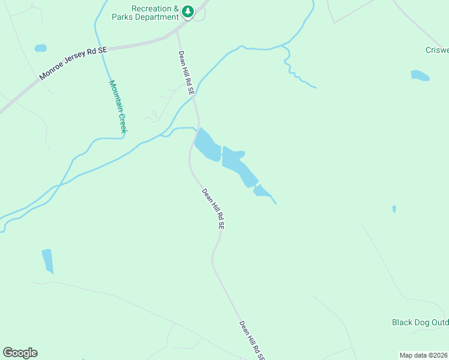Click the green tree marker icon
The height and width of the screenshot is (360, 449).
188,11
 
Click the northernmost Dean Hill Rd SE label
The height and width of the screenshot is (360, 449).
186,73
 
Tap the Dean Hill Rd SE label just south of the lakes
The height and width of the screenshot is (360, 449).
213,209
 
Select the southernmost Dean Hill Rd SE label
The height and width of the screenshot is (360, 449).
252,340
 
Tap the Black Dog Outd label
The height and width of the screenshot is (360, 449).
420,323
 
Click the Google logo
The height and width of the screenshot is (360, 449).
20,353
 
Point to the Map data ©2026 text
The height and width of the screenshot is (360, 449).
423,355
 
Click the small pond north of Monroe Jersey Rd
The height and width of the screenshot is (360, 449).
40,48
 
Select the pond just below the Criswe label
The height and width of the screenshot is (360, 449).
420,76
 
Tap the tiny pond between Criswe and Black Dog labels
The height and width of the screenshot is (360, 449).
394,209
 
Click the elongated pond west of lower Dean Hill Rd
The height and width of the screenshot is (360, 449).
47,261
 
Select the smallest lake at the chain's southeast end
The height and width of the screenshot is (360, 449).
261,191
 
